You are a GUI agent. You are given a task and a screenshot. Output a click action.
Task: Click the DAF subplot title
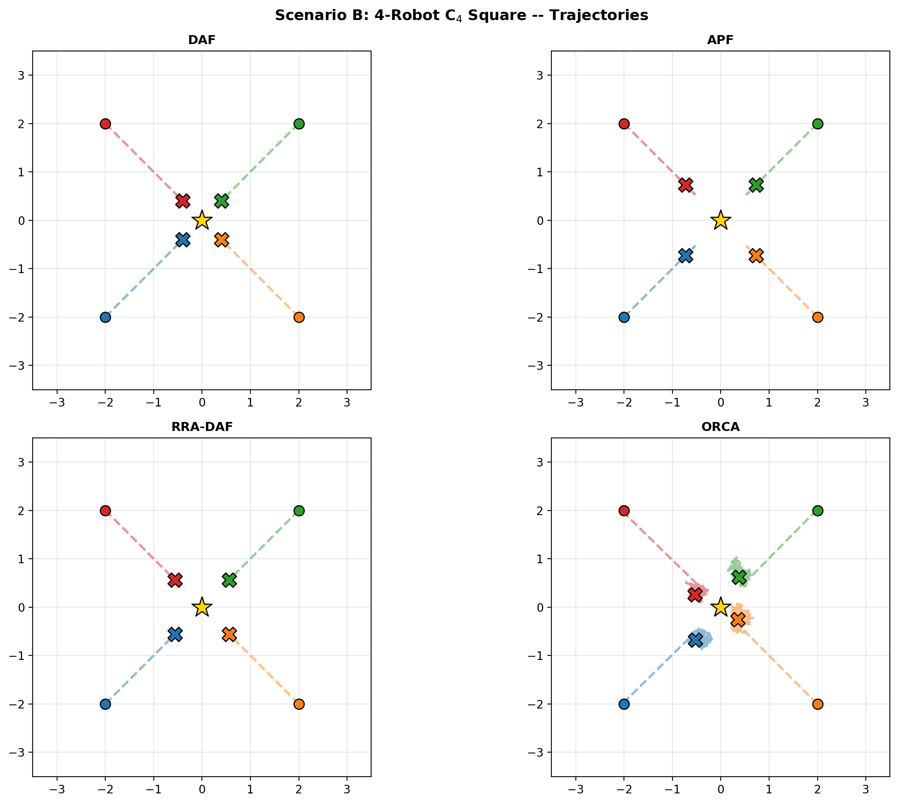[x=202, y=40]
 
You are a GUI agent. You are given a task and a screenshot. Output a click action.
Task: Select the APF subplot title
[x=720, y=40]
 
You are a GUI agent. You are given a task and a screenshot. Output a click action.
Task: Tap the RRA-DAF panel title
[x=202, y=427]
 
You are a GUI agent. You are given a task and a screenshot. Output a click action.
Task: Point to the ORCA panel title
[x=720, y=427]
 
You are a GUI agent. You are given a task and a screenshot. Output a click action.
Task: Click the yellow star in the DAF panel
[x=202, y=220]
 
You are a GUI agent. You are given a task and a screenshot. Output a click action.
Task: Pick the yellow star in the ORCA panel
[x=721, y=607]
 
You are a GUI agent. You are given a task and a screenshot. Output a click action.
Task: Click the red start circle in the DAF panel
[x=105, y=123]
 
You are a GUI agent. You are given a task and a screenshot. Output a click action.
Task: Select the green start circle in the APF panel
[x=817, y=123]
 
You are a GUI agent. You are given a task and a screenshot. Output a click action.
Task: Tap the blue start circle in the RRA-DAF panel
[x=105, y=704]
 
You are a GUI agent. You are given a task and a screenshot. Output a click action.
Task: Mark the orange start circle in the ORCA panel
[x=817, y=704]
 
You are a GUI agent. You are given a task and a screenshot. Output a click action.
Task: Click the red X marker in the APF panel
[x=685, y=184]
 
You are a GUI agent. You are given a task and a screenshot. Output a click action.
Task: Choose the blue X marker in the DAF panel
[x=182, y=240]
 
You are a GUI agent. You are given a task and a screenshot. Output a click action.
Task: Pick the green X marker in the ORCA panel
[x=739, y=577]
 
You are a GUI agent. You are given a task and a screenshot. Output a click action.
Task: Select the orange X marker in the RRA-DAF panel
[x=229, y=634]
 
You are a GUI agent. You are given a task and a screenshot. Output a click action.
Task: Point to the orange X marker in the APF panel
[x=756, y=255]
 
